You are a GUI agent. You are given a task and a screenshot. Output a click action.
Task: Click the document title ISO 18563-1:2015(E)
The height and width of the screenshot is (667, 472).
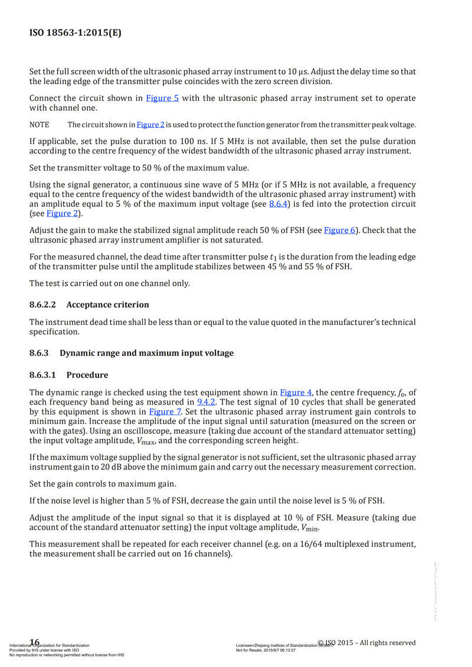pyautogui.click(x=76, y=33)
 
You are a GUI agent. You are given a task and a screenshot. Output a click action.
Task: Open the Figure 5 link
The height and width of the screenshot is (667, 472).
pyautogui.click(x=162, y=98)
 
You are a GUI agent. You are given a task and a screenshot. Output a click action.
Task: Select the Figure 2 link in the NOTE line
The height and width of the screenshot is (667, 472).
pyautogui.click(x=150, y=125)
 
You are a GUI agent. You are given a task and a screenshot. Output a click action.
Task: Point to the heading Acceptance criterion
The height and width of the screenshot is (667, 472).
pyautogui.click(x=107, y=305)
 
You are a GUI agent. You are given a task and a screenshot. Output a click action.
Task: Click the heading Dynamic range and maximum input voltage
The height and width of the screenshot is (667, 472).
pyautogui.click(x=147, y=353)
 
